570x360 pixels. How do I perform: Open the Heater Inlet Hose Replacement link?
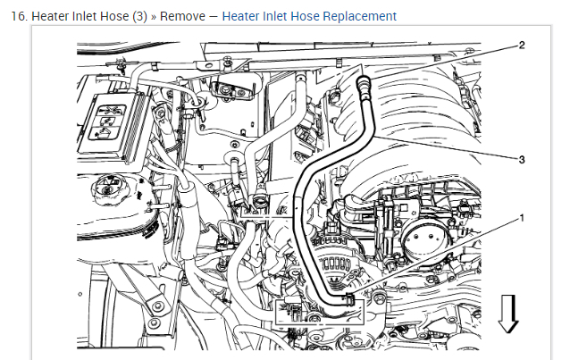tap(309, 16)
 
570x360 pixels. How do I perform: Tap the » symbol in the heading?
tap(153, 16)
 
